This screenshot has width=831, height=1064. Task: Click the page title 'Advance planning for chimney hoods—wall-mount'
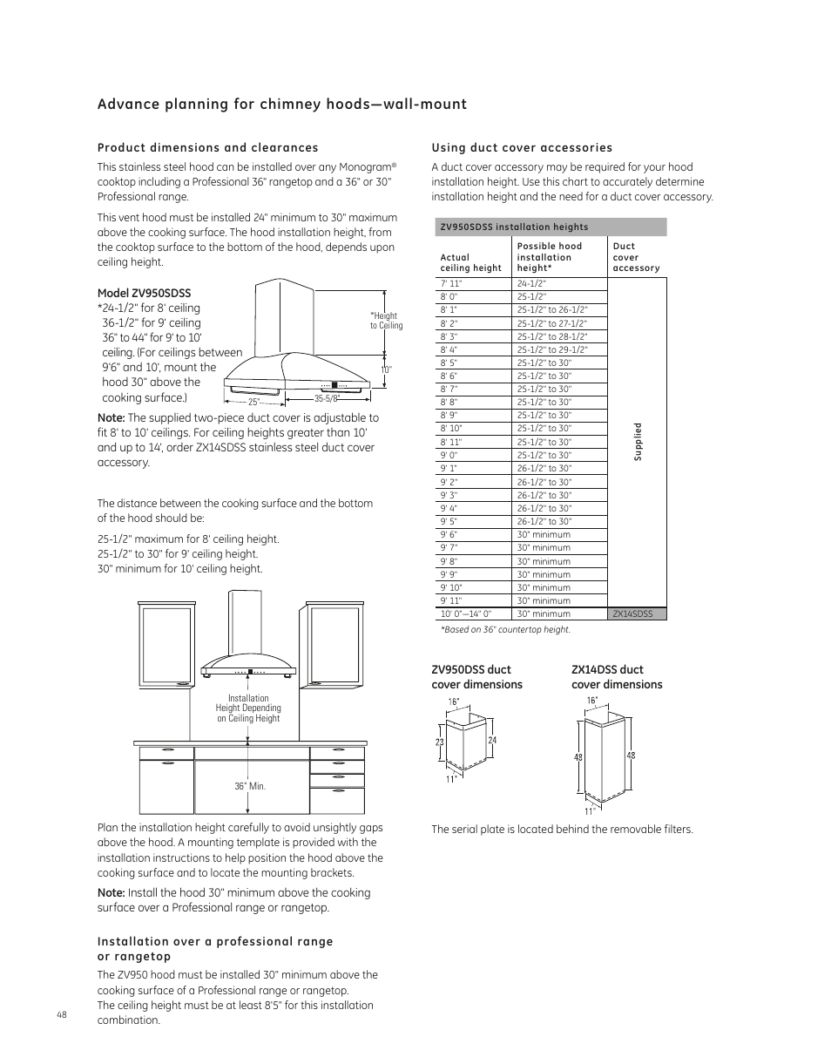[x=282, y=105]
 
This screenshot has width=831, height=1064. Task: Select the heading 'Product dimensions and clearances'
[x=207, y=147]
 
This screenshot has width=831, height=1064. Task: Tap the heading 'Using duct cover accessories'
[x=522, y=147]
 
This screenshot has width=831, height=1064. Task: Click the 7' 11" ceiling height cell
[x=450, y=283]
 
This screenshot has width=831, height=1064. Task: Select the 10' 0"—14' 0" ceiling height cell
[x=466, y=613]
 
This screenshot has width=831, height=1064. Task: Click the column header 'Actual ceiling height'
[x=470, y=262]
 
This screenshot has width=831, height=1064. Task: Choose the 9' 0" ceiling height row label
[x=449, y=455]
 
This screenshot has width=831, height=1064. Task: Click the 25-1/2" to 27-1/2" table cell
[x=551, y=323]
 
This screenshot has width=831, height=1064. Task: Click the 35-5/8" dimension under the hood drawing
[x=326, y=399]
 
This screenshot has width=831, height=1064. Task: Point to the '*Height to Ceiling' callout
[x=386, y=321]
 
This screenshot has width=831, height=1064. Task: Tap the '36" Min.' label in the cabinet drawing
[x=249, y=786]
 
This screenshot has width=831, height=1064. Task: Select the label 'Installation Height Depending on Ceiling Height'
[x=248, y=708]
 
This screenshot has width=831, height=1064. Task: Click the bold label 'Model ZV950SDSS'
[x=144, y=294]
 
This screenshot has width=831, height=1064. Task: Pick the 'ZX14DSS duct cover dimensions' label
[x=616, y=677]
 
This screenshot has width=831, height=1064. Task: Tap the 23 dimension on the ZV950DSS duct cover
[x=440, y=742]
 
